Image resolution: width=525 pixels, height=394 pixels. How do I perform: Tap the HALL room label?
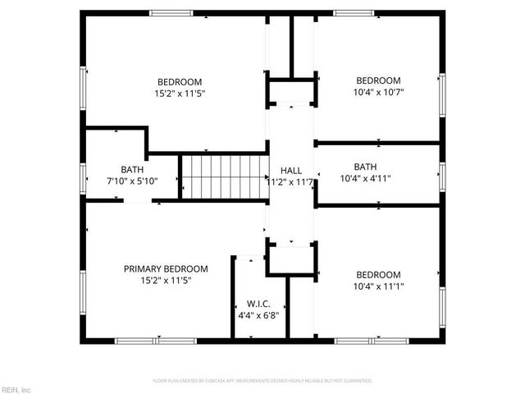pos(291,171)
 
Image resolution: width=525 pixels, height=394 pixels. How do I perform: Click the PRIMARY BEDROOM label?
pos(166,268)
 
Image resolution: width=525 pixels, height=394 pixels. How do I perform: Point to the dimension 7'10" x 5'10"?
pos(131,181)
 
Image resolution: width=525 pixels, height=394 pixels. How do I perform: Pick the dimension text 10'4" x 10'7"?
pos(377,93)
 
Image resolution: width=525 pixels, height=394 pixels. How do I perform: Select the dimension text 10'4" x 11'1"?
pos(377,287)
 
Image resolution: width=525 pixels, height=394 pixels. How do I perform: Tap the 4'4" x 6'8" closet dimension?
pos(258,315)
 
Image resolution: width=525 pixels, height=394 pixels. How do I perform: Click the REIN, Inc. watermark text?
pos(16,389)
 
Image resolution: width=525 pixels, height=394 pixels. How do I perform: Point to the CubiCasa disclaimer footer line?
pos(262,381)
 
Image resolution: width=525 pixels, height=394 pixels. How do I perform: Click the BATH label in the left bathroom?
pos(131,168)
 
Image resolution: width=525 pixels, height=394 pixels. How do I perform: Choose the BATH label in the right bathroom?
pos(365,166)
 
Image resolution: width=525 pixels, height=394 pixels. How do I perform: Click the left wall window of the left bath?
pos(82,174)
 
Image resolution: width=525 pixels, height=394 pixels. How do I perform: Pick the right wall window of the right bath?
pos(441,174)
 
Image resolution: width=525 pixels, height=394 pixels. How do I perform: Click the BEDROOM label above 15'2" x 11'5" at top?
pos(180,81)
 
